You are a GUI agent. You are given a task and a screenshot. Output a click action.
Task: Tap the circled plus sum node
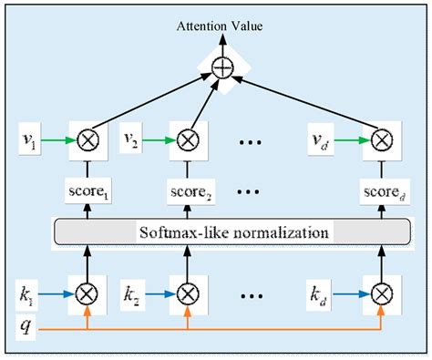(219, 66)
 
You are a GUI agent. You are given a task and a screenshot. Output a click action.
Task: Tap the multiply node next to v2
(187, 141)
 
